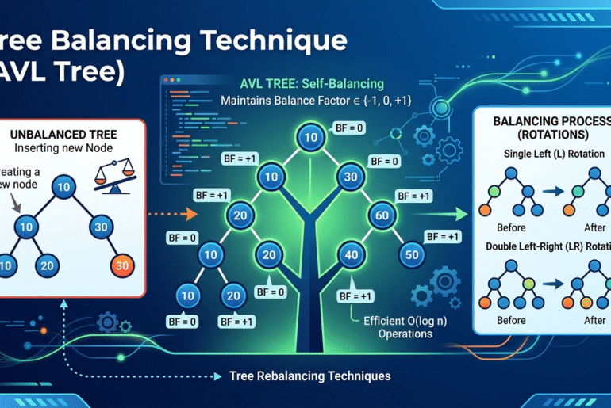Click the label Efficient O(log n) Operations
(x=394, y=327)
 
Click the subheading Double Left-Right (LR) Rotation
(x=547, y=246)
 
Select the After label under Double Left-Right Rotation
(x=584, y=320)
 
